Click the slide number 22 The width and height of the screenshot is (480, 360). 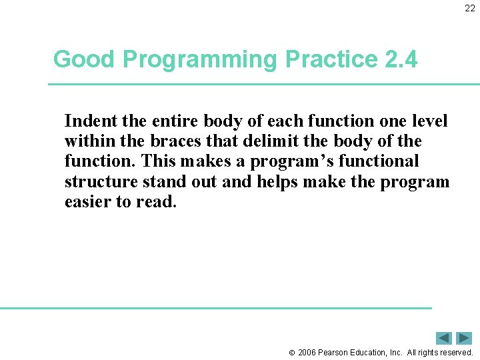pos(470,9)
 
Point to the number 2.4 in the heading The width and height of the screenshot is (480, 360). pos(401,60)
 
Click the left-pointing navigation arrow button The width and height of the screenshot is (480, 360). pos(443,338)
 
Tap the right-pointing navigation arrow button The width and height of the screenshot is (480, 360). pos(464,338)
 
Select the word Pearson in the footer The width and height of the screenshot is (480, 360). pos(337,353)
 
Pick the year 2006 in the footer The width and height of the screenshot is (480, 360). pos(308,353)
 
